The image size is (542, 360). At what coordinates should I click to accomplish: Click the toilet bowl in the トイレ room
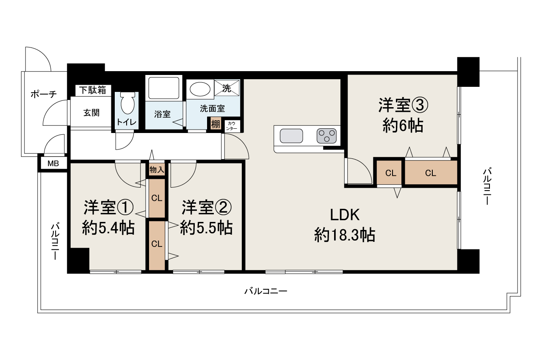click(127, 103)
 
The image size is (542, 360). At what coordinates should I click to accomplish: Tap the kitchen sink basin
click(291, 136)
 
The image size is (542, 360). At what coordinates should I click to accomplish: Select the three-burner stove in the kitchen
click(326, 136)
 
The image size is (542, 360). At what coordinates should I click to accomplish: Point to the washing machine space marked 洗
click(227, 89)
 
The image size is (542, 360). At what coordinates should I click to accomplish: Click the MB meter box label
click(53, 164)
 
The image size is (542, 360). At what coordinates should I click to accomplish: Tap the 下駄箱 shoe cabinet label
click(94, 90)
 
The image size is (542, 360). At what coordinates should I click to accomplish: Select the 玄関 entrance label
click(91, 113)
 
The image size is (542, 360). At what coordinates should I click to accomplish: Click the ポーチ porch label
click(44, 94)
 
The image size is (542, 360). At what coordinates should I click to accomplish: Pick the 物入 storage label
click(157, 170)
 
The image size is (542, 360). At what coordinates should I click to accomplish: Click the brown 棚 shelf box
click(216, 124)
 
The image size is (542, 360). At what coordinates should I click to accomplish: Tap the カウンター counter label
click(232, 126)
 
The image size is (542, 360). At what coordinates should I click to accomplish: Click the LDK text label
click(345, 215)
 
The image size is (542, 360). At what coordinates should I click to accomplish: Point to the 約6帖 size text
click(403, 126)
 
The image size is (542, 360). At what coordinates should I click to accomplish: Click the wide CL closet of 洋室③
click(431, 173)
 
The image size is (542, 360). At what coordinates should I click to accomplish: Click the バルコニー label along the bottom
click(266, 291)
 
